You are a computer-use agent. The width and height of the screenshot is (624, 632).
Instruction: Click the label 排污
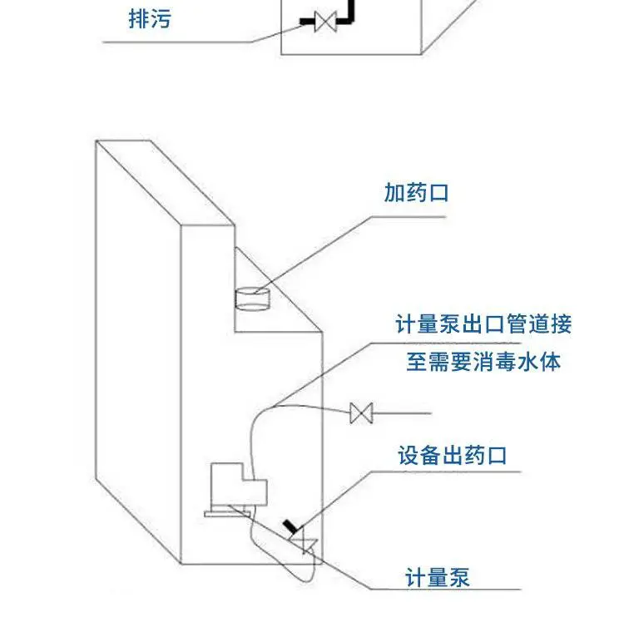coord(150,19)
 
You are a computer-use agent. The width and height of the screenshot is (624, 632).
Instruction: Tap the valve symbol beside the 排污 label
coord(325,22)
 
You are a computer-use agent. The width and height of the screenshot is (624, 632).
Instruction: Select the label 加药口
coord(416,193)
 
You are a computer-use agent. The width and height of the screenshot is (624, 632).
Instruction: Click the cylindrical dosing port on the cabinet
coord(252,299)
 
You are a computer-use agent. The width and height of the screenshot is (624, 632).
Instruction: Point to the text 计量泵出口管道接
coord(483,324)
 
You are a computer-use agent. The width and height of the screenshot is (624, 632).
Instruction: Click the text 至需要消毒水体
coord(483,362)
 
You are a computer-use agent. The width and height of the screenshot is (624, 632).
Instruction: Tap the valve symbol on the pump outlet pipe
coord(361,413)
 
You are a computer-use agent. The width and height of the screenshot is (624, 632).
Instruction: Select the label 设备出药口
coord(452,456)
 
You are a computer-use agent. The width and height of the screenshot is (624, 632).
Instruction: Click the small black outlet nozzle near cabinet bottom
coord(290,526)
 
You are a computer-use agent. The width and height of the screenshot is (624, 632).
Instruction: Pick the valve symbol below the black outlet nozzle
coord(305,545)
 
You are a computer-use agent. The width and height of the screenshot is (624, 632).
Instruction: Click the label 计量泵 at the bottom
coord(438,577)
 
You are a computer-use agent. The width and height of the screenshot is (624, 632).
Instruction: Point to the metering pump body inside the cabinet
coord(238,484)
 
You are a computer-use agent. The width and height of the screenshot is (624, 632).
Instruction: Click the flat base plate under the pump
coord(227,514)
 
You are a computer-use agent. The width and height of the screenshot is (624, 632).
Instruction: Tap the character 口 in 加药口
coord(438,193)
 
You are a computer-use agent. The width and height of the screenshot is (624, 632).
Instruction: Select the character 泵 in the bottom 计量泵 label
coord(459,577)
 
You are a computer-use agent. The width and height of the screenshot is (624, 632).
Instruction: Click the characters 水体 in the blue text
coord(539,362)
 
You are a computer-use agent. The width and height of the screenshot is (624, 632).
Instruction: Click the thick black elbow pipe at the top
coord(346,13)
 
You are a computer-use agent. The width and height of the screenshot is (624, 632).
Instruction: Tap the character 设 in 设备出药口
coord(409,456)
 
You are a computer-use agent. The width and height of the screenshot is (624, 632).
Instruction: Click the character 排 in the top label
coord(139,19)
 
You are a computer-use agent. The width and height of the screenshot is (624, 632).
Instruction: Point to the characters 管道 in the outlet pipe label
coord(527,324)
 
